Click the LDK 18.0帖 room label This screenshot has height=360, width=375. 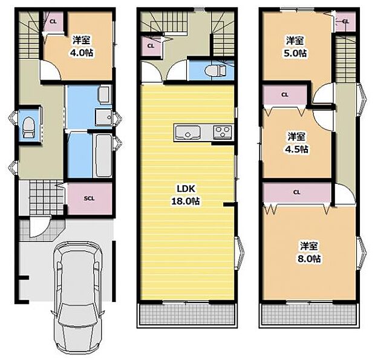[187, 195]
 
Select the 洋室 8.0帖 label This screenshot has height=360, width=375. [309, 252]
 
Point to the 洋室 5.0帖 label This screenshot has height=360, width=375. [295, 46]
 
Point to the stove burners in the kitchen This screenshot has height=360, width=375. [221, 132]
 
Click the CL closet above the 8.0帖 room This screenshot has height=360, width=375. [296, 192]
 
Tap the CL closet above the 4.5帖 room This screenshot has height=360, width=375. [284, 94]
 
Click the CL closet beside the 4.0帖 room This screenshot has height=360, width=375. [53, 22]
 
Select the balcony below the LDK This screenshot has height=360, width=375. [187, 315]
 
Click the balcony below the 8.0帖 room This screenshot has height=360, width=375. [308, 315]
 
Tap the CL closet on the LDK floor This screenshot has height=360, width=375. [149, 45]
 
